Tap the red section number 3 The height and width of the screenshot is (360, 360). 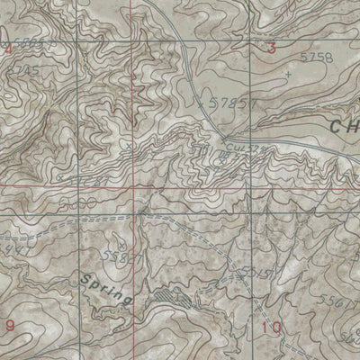pyautogui.click(x=272, y=49)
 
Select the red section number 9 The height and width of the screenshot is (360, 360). pyautogui.click(x=10, y=324)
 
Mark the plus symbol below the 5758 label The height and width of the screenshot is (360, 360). pyautogui.click(x=287, y=74)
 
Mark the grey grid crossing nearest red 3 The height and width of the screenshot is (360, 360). pyautogui.click(x=251, y=36)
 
